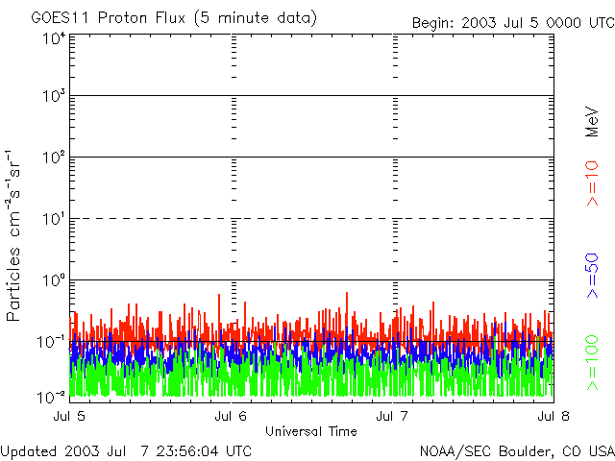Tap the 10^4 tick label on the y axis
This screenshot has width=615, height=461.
(x=54, y=38)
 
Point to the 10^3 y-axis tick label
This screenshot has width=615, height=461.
(x=54, y=97)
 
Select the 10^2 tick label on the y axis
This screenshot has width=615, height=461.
(x=54, y=158)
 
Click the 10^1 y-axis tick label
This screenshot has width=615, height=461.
(x=54, y=219)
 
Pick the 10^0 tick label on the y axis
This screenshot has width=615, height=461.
(x=54, y=280)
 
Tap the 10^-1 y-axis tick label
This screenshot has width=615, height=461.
(x=52, y=341)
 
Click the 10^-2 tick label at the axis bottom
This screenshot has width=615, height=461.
(x=52, y=396)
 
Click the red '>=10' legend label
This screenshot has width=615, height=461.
(x=593, y=184)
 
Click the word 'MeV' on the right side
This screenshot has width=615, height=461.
(x=593, y=124)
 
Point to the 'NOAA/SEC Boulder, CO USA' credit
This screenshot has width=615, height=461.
(x=516, y=450)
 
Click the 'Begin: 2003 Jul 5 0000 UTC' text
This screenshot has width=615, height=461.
(x=511, y=23)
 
